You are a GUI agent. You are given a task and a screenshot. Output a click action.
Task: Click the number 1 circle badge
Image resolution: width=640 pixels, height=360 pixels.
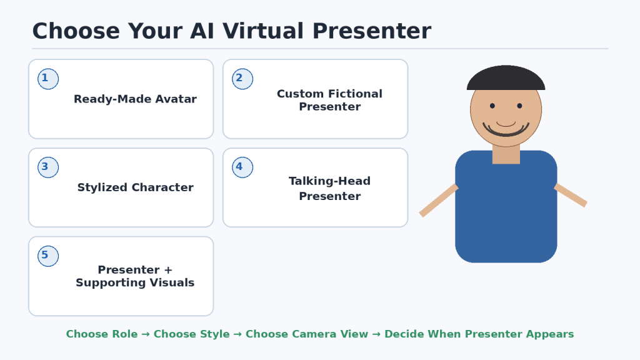tap(48, 79)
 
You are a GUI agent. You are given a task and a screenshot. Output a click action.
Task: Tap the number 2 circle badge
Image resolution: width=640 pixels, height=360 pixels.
tap(242, 79)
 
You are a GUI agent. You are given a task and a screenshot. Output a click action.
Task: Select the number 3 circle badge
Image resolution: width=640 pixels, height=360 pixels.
tap(48, 167)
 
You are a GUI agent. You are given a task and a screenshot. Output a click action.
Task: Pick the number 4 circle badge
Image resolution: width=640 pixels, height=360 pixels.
tap(242, 167)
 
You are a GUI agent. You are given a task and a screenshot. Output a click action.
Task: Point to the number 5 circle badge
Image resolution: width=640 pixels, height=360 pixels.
tap(48, 256)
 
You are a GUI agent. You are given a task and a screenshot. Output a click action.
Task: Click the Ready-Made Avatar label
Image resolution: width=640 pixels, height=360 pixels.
tap(135, 99)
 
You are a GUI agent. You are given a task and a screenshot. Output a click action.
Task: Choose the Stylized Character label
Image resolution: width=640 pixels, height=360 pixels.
tap(135, 187)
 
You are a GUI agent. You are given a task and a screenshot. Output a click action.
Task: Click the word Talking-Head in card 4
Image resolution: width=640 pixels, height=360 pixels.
tap(329, 181)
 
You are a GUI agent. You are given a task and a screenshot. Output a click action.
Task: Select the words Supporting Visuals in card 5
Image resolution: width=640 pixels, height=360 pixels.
tap(135, 283)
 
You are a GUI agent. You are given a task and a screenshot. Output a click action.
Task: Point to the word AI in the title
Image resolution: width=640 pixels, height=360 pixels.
tap(202, 31)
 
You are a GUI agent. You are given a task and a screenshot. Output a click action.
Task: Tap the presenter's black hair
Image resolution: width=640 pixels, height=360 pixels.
tap(506, 77)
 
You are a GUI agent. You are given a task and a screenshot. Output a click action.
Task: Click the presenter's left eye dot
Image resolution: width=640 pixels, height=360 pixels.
tap(492, 106)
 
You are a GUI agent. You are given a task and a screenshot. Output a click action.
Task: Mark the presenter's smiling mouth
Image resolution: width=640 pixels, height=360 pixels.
tap(506, 130)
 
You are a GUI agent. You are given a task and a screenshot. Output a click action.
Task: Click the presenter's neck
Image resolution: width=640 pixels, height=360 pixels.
tap(506, 155)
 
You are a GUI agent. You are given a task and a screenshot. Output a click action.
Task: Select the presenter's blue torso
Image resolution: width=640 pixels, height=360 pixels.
tap(506, 206)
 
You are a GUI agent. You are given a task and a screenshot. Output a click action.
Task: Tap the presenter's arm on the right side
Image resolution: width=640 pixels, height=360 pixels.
tap(571, 195)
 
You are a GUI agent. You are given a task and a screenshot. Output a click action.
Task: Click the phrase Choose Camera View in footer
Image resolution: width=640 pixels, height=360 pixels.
tap(306, 334)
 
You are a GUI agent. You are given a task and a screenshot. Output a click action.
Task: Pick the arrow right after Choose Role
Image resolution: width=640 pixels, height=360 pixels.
tap(146, 334)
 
